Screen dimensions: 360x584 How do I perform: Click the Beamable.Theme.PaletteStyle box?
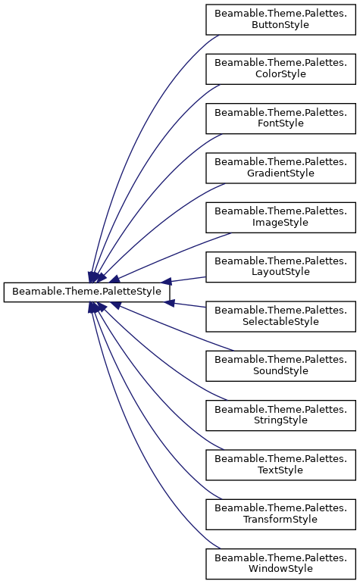point(86,292)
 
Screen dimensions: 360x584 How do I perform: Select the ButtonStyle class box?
point(280,20)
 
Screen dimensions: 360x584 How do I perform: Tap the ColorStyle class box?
point(280,69)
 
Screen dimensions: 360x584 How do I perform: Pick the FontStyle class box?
point(280,118)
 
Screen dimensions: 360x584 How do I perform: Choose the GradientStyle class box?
point(280,168)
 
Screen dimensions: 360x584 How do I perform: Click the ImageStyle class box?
point(280,217)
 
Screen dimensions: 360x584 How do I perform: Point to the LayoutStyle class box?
point(280,267)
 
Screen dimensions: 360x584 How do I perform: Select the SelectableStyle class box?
point(280,317)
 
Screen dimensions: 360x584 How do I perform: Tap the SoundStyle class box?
point(280,366)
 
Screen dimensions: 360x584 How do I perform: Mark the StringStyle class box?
point(280,416)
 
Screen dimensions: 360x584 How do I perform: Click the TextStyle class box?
point(280,465)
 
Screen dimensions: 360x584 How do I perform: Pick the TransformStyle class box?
point(280,514)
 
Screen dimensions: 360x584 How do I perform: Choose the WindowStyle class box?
point(280,564)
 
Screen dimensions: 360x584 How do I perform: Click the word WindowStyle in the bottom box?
point(280,569)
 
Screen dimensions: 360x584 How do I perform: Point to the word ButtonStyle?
point(280,25)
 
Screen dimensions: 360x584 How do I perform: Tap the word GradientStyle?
point(280,173)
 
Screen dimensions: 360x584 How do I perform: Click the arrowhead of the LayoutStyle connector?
point(166,282)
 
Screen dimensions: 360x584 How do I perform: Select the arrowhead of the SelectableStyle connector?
point(169,303)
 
